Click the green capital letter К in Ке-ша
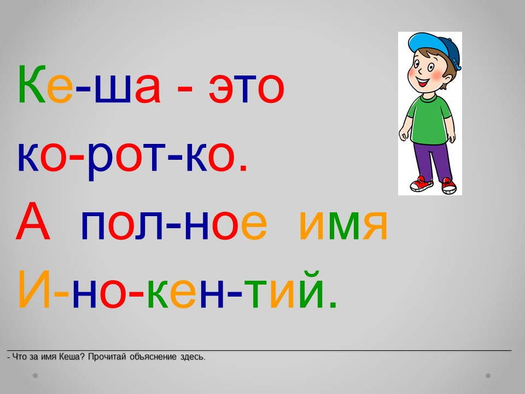[x=32, y=84]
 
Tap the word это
[x=247, y=89]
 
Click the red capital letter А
[x=33, y=221]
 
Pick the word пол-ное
[x=174, y=225]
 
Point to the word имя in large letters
[x=343, y=225]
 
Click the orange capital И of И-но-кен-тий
[x=34, y=289]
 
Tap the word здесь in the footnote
[x=192, y=357]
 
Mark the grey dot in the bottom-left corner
[x=35, y=375]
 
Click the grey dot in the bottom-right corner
[x=488, y=375]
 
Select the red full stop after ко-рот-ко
[x=243, y=168]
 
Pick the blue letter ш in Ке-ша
[x=113, y=89]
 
